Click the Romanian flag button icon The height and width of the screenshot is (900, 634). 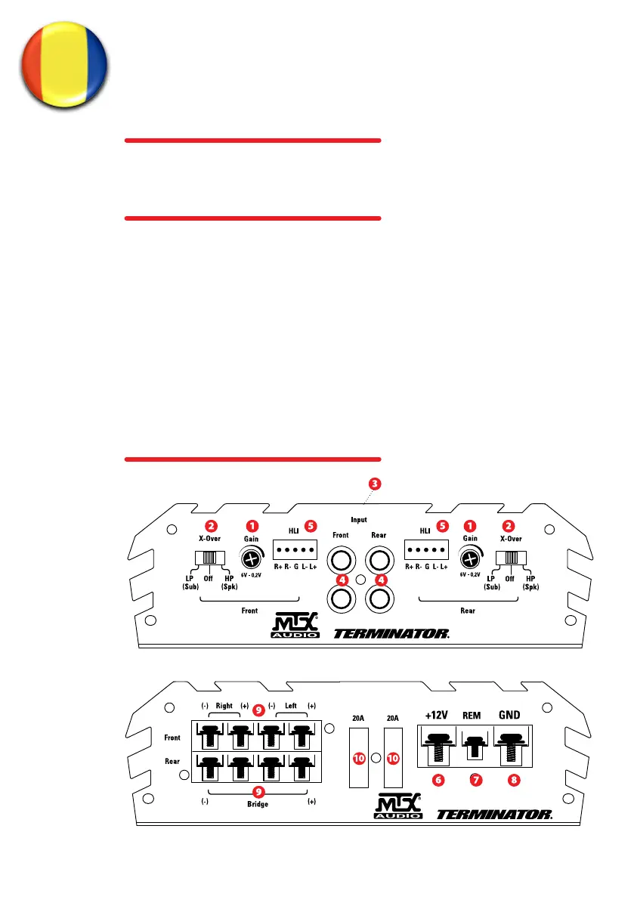(x=63, y=64)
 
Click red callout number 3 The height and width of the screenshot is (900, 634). (x=374, y=484)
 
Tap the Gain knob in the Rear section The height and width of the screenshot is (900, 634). (x=470, y=559)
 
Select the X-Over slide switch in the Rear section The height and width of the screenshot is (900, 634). (x=512, y=558)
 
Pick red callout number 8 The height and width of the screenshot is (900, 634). (x=514, y=781)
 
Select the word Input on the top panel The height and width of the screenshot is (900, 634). (x=359, y=520)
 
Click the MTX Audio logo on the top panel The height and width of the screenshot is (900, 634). (x=295, y=628)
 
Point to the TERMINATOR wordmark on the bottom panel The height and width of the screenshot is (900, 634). (x=494, y=815)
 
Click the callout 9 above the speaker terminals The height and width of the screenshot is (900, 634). (x=258, y=710)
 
